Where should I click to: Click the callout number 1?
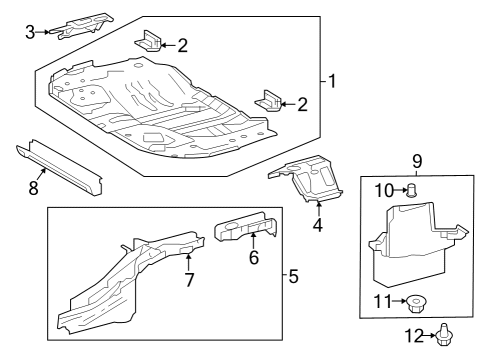click(332, 81)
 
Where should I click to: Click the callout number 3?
click(30, 32)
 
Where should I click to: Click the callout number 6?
click(253, 257)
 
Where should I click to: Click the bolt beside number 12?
click(443, 336)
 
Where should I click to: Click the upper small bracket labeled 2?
click(149, 42)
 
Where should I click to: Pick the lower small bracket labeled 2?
click(271, 100)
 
